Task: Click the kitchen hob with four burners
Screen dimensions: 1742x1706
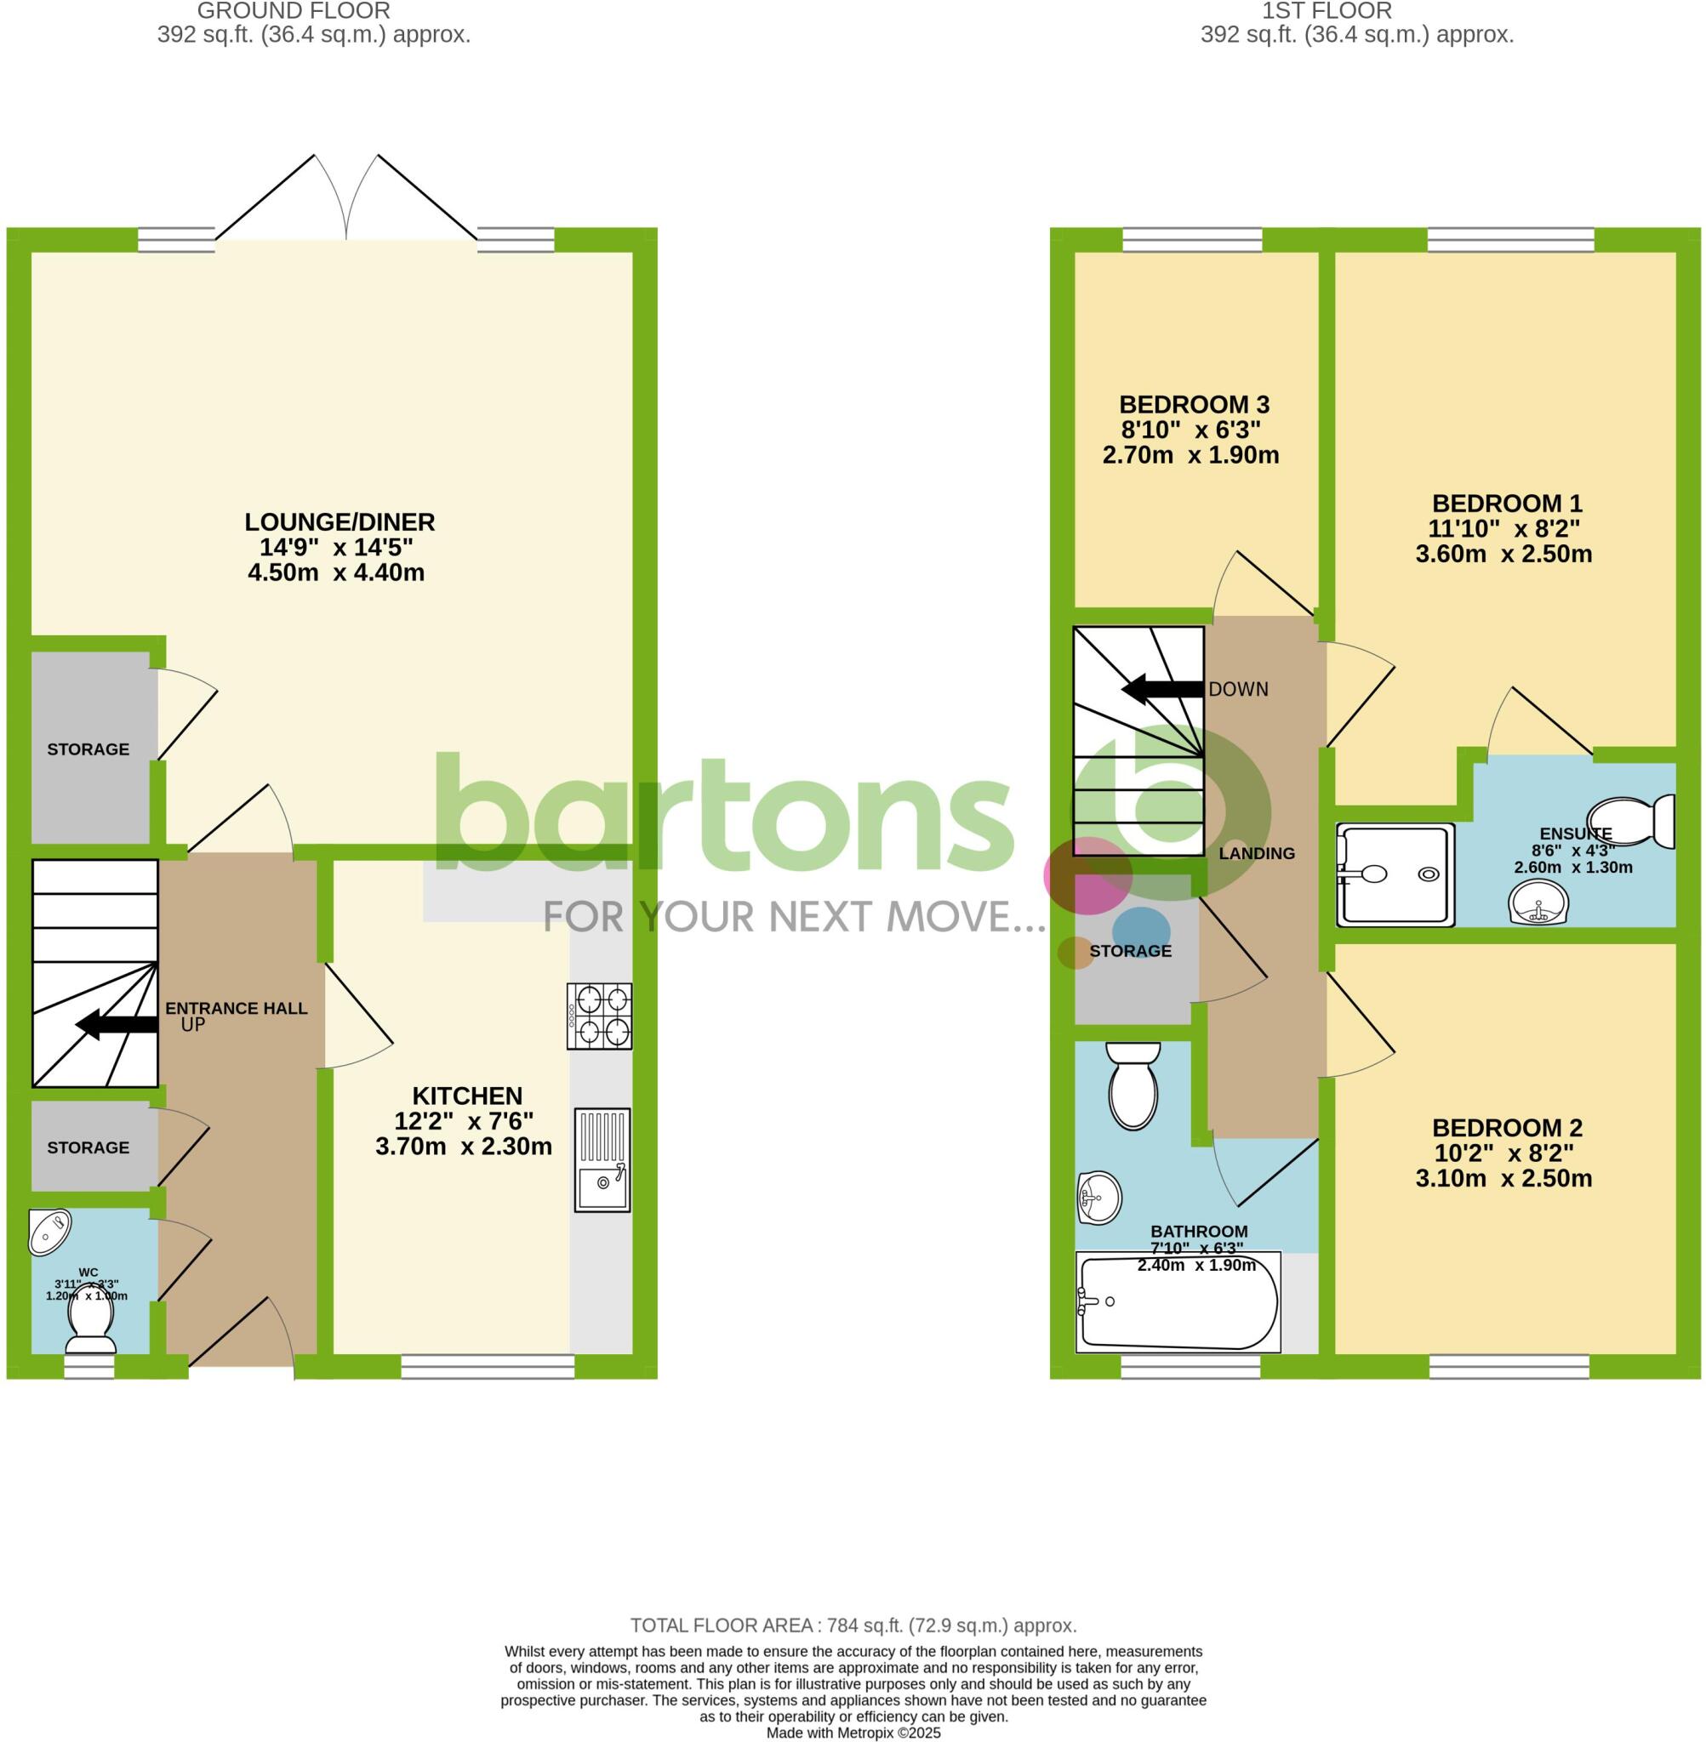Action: (x=598, y=1016)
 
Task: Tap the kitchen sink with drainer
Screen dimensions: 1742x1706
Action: (x=602, y=1160)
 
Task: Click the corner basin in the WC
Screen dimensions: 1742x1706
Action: (x=50, y=1231)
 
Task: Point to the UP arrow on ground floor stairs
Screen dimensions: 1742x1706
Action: (x=117, y=1025)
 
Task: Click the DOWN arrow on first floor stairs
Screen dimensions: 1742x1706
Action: (x=1162, y=689)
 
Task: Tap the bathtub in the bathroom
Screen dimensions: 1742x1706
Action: (x=1177, y=1303)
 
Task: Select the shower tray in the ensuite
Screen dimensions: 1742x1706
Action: (x=1395, y=874)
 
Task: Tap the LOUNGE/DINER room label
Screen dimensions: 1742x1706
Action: (x=339, y=521)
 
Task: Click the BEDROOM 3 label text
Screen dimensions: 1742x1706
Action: (x=1194, y=404)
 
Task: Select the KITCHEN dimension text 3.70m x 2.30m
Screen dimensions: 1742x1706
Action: (x=463, y=1147)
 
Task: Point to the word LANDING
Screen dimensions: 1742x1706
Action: (x=1256, y=853)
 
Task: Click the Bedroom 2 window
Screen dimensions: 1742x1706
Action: (x=1509, y=1366)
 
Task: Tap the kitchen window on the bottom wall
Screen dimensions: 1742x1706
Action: (x=488, y=1366)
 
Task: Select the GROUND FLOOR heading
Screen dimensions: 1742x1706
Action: (x=293, y=12)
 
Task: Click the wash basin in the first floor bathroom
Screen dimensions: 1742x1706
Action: (x=1098, y=1198)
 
